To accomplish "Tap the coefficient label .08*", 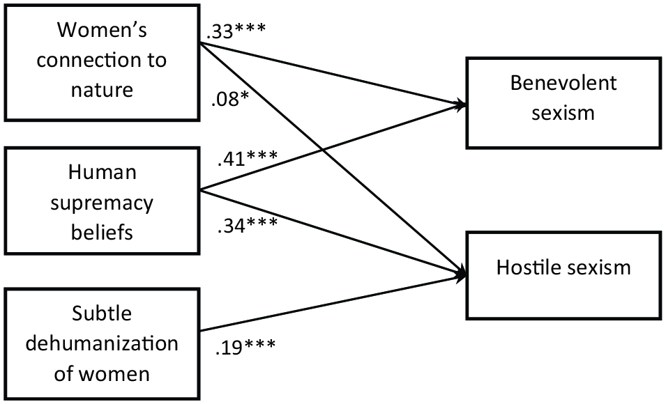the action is click(x=229, y=100).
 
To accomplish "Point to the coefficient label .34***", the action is click(x=247, y=224).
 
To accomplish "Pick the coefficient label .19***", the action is click(x=245, y=346).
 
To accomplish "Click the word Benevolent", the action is click(x=563, y=83).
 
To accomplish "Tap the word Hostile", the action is click(x=522, y=267).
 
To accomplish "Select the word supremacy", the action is click(x=102, y=203).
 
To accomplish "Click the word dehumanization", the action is click(x=102, y=343).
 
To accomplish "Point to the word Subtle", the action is click(x=102, y=313).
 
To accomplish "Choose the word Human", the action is click(x=103, y=172).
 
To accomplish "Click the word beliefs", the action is click(x=102, y=232).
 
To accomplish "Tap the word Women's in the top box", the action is click(x=103, y=30).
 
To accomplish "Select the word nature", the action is click(x=102, y=90).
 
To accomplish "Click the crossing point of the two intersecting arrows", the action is click(x=324, y=150).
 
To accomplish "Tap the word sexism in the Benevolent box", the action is click(x=563, y=113).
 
